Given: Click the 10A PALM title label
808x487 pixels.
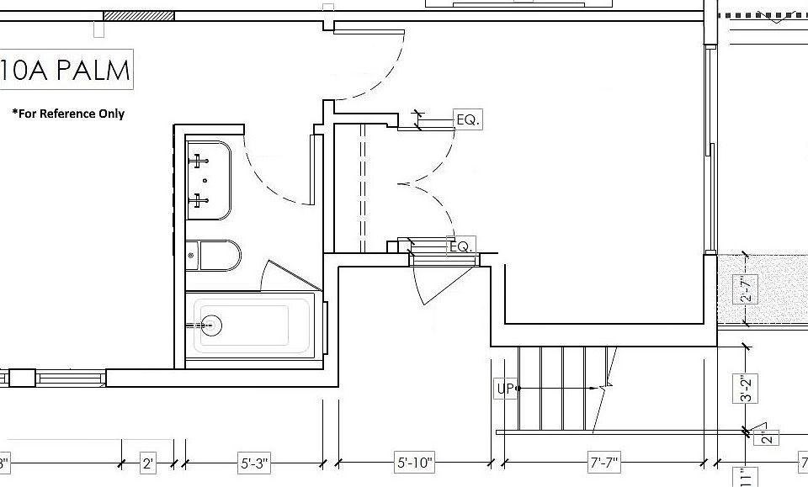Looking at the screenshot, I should [x=66, y=70].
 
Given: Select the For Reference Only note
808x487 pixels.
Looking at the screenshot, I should [x=68, y=114].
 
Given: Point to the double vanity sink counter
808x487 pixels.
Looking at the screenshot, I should [x=208, y=180].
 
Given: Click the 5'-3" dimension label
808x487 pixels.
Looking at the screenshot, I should [x=254, y=463].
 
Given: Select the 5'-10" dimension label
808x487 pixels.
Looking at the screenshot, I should [x=414, y=462].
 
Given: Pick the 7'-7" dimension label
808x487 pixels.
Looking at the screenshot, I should [x=603, y=462].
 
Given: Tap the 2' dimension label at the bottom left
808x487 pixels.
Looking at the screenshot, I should [x=148, y=463].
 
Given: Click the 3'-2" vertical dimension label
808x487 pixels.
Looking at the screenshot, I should [x=744, y=388].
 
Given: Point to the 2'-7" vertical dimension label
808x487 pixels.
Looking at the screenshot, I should [x=745, y=288].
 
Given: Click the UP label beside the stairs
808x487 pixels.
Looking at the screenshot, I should [x=505, y=389].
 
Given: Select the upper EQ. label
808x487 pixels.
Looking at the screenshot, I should [x=468, y=120].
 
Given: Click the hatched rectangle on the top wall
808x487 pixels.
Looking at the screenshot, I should [x=139, y=15].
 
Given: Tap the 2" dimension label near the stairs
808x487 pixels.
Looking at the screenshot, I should [x=768, y=437].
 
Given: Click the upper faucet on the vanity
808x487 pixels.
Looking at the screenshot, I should [x=200, y=159].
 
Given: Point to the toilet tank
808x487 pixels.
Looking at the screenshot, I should [x=192, y=256].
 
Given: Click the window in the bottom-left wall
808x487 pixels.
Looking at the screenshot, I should [x=72, y=378].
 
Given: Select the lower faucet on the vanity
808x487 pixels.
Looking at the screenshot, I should [x=200, y=200].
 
